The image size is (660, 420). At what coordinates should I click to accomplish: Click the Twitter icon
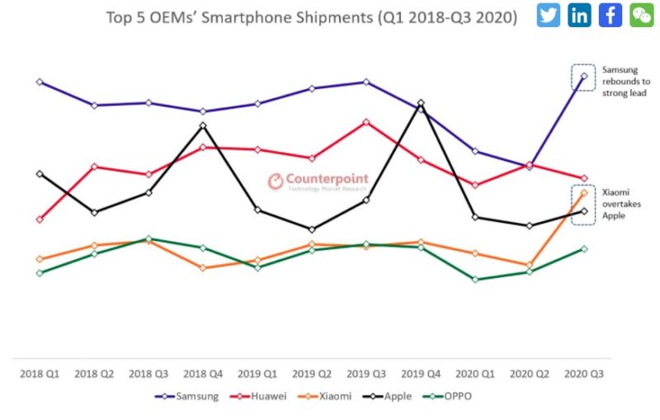click(549, 15)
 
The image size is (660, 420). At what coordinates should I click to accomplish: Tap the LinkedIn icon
click(579, 15)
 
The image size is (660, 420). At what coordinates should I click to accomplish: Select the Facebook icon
click(610, 15)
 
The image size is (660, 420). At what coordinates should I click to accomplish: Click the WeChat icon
click(642, 15)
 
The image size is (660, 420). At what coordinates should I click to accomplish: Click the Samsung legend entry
click(187, 396)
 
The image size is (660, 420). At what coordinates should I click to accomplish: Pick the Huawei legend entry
click(258, 396)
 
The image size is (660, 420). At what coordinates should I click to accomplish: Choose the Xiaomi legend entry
click(324, 396)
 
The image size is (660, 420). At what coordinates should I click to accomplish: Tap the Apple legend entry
click(387, 396)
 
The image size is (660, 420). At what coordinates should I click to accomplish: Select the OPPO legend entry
click(447, 396)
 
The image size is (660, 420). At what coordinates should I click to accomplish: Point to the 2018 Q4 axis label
click(203, 374)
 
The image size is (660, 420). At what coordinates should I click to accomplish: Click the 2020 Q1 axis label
click(475, 374)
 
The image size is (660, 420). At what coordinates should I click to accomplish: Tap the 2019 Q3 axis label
click(366, 374)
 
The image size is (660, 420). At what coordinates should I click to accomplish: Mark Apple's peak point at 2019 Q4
click(421, 102)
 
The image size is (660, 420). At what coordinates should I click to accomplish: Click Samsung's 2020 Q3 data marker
click(584, 76)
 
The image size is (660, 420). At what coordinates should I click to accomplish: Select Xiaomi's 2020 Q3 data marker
click(584, 193)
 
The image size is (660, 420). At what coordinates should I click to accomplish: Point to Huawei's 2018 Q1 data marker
click(40, 219)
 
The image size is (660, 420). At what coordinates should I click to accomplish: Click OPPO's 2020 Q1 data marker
click(475, 280)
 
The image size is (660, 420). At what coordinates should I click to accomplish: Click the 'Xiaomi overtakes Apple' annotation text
click(621, 204)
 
